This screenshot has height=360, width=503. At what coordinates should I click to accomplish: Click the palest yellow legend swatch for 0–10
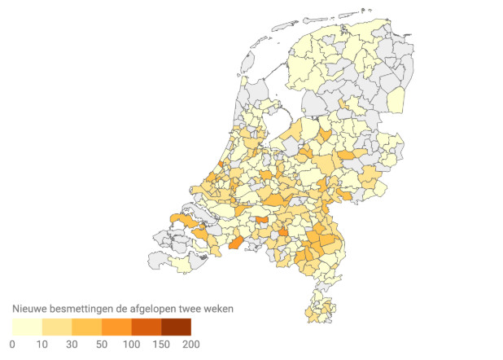[27, 327]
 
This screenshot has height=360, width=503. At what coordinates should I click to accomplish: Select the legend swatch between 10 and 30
[57, 327]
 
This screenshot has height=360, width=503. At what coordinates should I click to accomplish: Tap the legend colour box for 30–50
[87, 327]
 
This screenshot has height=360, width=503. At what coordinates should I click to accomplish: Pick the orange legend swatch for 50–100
[116, 327]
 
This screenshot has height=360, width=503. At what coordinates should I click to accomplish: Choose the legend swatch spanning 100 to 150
[147, 327]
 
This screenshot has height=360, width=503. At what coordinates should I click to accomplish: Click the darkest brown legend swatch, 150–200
[176, 327]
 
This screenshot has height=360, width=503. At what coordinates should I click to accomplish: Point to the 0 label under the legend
[12, 345]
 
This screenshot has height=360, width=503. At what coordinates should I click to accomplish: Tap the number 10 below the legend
[42, 345]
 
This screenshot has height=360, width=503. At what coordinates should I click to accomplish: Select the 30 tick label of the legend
[72, 345]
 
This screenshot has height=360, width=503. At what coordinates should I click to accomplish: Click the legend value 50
[102, 345]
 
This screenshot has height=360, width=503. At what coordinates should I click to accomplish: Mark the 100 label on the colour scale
[132, 345]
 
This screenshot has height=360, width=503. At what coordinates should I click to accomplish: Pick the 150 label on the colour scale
[161, 345]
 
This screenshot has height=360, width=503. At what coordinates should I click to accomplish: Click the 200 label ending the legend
[190, 345]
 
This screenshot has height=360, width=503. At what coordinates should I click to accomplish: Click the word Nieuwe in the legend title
[29, 310]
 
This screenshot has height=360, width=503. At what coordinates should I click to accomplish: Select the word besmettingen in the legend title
[84, 310]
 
